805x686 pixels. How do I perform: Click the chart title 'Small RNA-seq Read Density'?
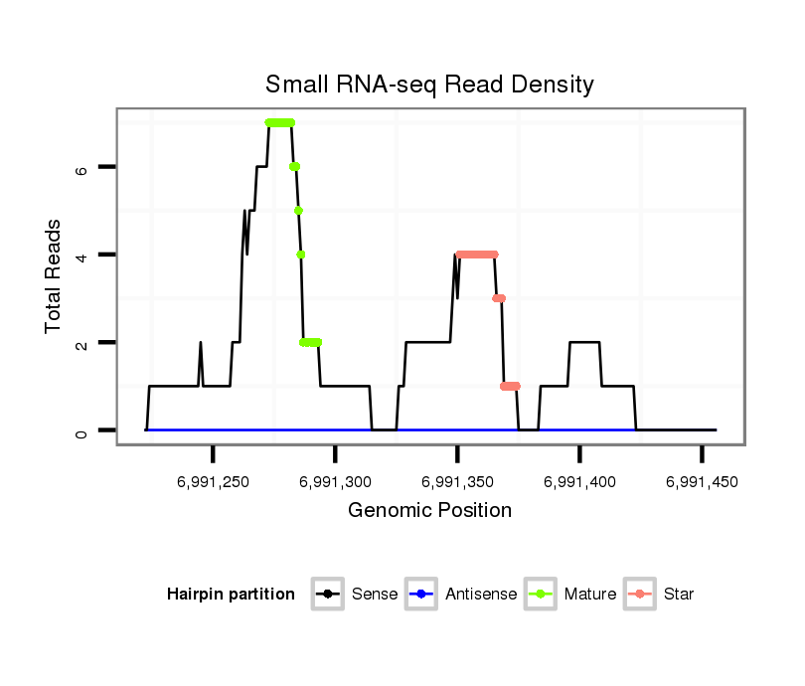point(429,85)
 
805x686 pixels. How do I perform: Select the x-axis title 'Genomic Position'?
point(429,511)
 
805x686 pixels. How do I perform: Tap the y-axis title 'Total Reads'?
point(54,276)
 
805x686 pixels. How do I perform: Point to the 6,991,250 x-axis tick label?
point(214,482)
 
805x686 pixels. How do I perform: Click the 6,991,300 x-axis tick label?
point(335,482)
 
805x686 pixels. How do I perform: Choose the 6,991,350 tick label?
point(457,482)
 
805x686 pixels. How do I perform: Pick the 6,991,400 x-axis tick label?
point(579,482)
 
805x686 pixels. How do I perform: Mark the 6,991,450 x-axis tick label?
point(702,482)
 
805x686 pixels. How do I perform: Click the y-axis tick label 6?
point(82,168)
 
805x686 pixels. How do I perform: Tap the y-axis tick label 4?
point(82,256)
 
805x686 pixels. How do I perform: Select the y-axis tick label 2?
point(82,343)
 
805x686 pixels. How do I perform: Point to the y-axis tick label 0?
point(82,430)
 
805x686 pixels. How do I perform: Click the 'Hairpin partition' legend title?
point(231,595)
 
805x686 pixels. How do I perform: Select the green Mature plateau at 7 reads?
point(280,122)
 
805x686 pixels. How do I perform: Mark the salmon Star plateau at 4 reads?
point(476,255)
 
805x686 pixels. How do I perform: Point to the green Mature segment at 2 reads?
point(311,342)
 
